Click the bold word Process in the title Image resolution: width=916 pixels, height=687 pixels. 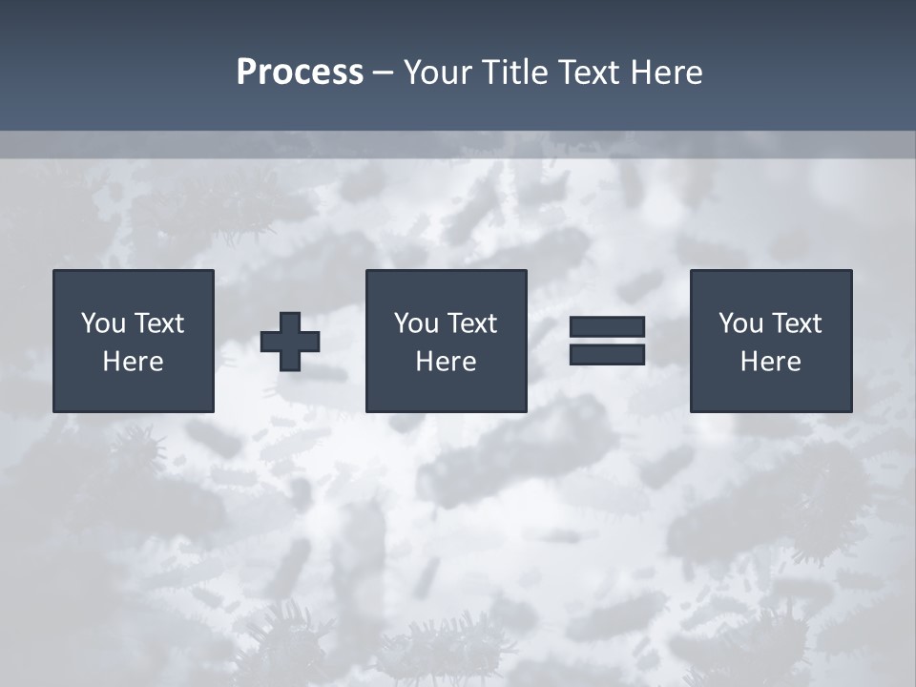point(300,73)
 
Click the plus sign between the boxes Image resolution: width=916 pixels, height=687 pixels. point(290,342)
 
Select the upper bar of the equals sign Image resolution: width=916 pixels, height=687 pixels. point(607,327)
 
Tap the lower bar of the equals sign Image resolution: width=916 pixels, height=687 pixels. point(607,354)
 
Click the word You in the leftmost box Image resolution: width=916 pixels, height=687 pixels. point(103,323)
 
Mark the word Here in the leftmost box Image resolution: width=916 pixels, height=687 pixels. point(133,362)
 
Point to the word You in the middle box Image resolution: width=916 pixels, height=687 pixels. point(416,323)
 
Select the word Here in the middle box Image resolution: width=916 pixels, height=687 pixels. point(446,362)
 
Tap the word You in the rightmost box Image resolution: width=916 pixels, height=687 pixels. point(740,323)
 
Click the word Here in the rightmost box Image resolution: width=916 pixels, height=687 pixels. point(770,362)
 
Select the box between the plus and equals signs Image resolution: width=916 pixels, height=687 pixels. point(446,391)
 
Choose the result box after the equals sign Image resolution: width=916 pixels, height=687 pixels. point(770,391)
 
